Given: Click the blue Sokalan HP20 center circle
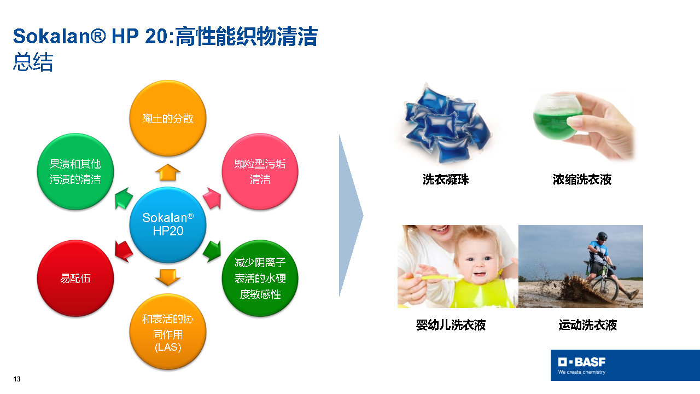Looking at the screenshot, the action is [x=168, y=224].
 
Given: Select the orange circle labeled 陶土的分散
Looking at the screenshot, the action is [x=168, y=118].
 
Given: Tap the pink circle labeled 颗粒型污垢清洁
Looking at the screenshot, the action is [x=260, y=171].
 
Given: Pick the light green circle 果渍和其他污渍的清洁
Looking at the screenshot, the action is [x=75, y=171].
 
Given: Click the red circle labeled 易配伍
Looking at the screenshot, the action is [x=75, y=278].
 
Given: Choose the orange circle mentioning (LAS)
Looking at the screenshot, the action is [x=168, y=332].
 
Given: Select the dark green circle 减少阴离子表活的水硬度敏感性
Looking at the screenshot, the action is [x=260, y=278].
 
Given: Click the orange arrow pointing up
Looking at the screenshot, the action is [x=168, y=172].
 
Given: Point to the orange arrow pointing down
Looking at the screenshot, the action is [x=168, y=277].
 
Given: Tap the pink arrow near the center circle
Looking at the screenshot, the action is [x=213, y=198].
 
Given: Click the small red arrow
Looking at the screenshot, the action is [x=124, y=251].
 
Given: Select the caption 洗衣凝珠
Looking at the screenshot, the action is [x=446, y=179].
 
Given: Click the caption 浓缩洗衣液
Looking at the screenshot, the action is [x=582, y=179].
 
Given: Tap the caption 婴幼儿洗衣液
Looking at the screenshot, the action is [x=451, y=325].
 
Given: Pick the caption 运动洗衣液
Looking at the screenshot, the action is [x=587, y=325].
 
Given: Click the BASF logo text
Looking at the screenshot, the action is [x=582, y=362].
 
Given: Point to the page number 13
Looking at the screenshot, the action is [x=17, y=379].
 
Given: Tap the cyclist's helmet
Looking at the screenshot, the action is [x=602, y=236].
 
